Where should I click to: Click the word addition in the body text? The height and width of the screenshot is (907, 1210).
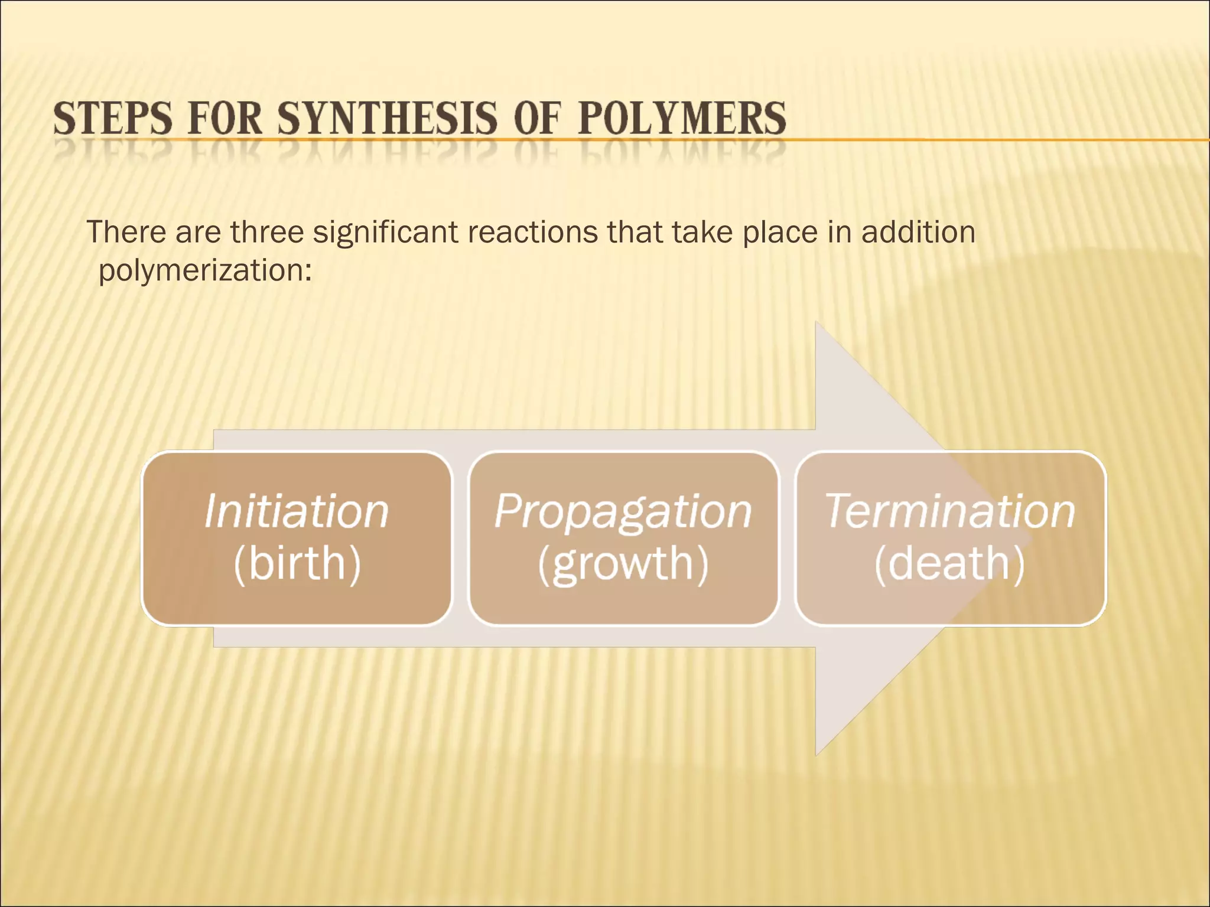(x=918, y=231)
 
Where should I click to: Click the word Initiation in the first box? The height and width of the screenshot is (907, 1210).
(x=297, y=511)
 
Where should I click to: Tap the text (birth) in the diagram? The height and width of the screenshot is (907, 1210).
(x=297, y=563)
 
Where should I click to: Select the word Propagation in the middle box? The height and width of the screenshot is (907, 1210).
(x=623, y=511)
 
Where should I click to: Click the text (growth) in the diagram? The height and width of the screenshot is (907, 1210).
(x=623, y=565)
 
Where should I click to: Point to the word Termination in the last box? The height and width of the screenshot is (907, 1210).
(x=949, y=511)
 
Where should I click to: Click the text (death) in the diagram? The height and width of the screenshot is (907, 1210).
(x=949, y=563)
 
